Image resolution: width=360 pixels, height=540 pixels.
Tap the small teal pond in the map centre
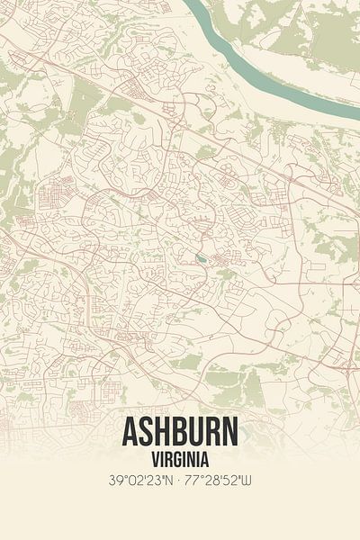click(200, 261)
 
